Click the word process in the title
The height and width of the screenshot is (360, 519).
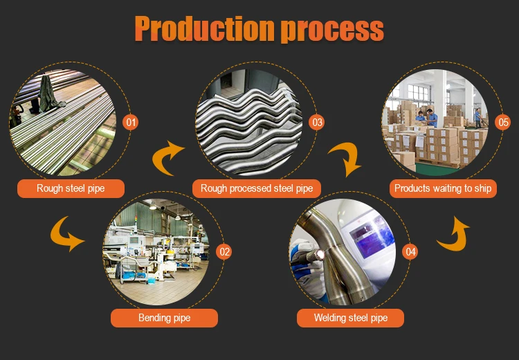334,29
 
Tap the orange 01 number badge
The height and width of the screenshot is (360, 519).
131,123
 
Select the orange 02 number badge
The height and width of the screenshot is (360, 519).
224,252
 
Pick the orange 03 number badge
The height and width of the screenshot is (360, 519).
317,123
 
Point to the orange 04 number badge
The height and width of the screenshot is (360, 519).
411,252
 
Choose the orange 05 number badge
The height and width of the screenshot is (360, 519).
503,123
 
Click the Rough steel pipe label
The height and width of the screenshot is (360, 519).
71,188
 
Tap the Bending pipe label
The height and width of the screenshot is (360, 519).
164,318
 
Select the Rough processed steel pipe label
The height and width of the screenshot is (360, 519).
257,188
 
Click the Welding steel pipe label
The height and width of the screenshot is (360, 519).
350,318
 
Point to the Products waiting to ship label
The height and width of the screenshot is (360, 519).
443,188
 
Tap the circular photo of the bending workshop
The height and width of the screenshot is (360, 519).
157,251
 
